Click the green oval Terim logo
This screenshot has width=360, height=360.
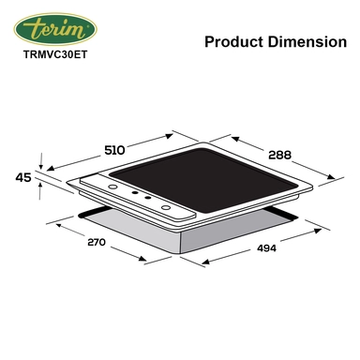point(55,29)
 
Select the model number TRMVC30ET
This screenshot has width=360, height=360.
point(55,54)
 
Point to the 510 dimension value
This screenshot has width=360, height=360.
point(114,150)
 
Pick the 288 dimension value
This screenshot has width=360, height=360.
point(279,155)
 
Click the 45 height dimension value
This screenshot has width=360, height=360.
point(23,178)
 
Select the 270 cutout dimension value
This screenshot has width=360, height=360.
point(97,242)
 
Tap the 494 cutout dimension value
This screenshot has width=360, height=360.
point(266,248)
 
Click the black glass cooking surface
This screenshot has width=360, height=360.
point(204,181)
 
